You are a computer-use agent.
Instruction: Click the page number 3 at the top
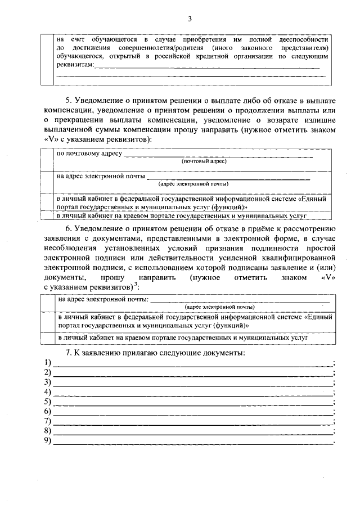point(190,19)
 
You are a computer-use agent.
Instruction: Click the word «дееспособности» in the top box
point(301,40)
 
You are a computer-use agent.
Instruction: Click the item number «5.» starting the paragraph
point(69,101)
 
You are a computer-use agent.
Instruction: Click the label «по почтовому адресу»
point(89,153)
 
